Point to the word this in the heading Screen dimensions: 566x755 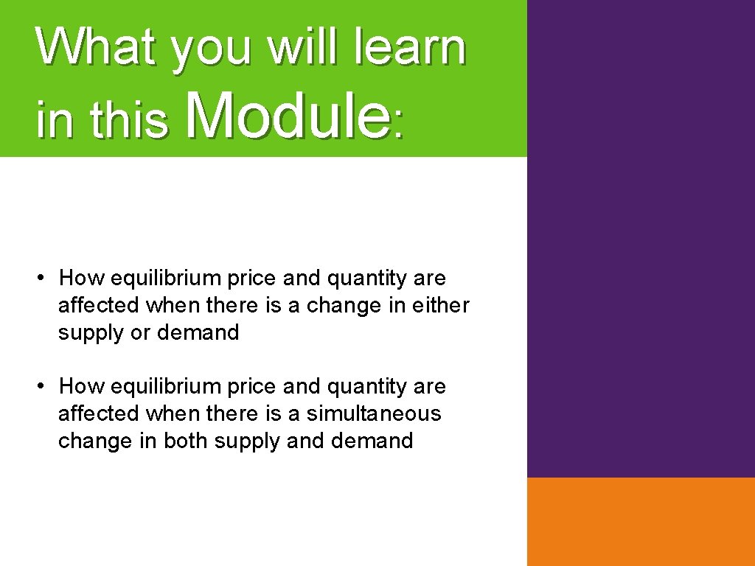(129, 122)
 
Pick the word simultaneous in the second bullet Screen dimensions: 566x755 (374, 413)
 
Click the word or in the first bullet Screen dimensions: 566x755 (139, 332)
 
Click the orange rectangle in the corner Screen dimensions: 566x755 (641, 521)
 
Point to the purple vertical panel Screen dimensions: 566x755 (641, 236)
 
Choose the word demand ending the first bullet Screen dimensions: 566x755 (198, 332)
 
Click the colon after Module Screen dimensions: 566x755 (399, 127)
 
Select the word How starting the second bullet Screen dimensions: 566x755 (78, 385)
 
